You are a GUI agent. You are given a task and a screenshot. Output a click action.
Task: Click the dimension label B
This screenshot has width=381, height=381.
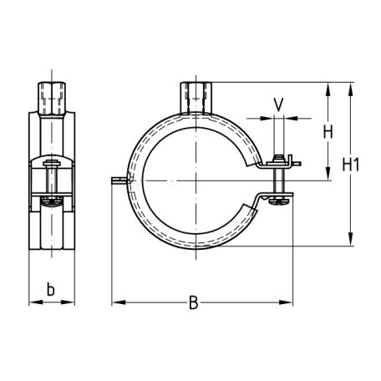(x=193, y=302)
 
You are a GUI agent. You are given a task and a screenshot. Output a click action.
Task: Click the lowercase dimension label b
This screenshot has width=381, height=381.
(x=50, y=289)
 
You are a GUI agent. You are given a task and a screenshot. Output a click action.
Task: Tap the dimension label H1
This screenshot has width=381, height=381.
(x=351, y=165)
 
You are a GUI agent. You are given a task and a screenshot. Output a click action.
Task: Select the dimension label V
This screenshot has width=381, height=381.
(x=278, y=104)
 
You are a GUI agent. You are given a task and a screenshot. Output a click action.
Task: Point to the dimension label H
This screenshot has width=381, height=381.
(x=328, y=132)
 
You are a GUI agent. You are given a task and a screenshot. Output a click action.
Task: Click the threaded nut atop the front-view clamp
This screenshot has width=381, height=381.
(x=196, y=98)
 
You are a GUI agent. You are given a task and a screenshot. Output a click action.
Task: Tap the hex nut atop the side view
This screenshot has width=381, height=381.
(x=52, y=98)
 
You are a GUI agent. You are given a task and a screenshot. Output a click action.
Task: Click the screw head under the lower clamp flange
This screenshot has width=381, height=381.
(x=278, y=201)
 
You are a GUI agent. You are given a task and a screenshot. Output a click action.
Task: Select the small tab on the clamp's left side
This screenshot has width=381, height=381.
(x=120, y=180)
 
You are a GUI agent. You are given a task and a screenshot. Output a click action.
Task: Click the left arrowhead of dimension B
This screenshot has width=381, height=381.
(x=119, y=302)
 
